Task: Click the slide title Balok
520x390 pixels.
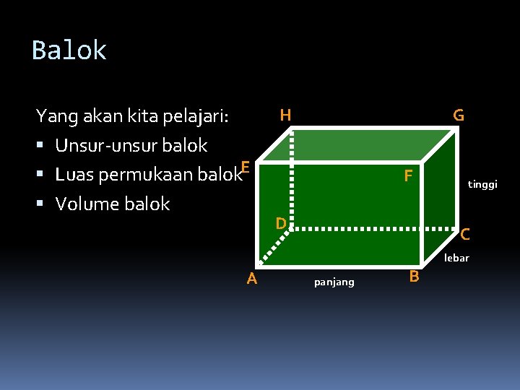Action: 69,51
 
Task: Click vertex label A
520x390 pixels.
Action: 251,278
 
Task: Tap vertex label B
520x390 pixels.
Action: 414,277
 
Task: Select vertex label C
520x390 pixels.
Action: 465,234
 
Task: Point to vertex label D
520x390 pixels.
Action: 281,223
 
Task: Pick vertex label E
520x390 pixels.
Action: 246,168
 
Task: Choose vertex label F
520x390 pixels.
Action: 408,175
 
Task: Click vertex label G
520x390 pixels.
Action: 459,116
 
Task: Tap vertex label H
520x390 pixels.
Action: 285,115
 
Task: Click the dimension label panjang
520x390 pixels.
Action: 334,282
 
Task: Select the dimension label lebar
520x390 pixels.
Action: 456,258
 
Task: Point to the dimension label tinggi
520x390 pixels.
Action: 482,184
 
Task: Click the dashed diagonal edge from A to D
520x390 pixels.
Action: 274,245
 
